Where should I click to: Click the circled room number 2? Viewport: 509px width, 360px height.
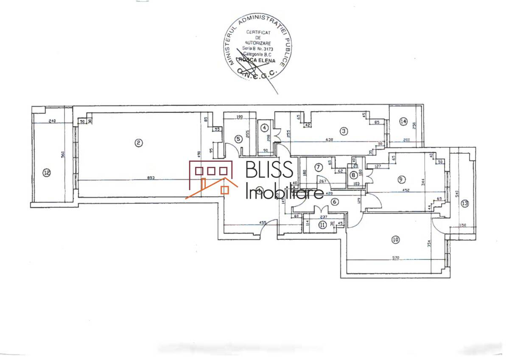tap(138, 143)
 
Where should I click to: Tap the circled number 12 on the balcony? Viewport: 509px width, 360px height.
tap(47, 172)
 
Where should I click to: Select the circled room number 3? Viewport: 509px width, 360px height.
tap(344, 131)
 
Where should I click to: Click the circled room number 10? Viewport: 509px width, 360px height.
tap(396, 240)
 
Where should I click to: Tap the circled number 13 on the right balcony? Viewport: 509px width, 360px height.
tap(465, 203)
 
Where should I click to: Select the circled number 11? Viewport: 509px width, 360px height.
tap(323, 225)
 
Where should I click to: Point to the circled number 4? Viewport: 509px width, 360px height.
tap(265, 127)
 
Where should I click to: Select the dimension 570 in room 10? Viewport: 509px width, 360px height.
tap(396, 257)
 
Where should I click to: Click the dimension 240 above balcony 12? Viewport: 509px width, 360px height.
tap(53, 121)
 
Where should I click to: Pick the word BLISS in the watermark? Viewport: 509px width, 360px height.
tap(269, 170)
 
